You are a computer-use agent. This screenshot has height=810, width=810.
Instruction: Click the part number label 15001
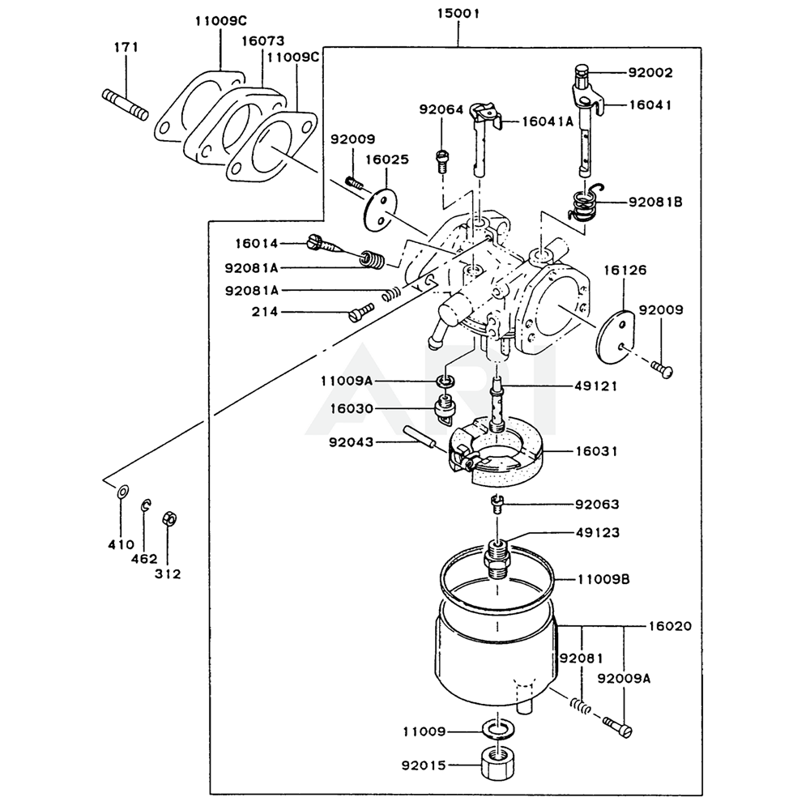458,13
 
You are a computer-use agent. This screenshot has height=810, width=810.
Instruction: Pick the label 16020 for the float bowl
670,626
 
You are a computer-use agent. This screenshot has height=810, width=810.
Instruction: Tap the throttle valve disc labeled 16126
616,336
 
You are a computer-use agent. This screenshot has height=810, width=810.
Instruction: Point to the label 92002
650,72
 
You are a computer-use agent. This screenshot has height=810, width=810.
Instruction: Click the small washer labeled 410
123,492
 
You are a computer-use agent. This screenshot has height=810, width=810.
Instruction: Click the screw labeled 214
361,312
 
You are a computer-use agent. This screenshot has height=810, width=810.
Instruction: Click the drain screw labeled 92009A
616,726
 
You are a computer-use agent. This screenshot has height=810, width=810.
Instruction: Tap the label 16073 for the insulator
263,40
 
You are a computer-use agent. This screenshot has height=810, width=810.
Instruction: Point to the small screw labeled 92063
497,503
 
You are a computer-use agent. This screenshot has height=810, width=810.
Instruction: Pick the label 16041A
548,122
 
